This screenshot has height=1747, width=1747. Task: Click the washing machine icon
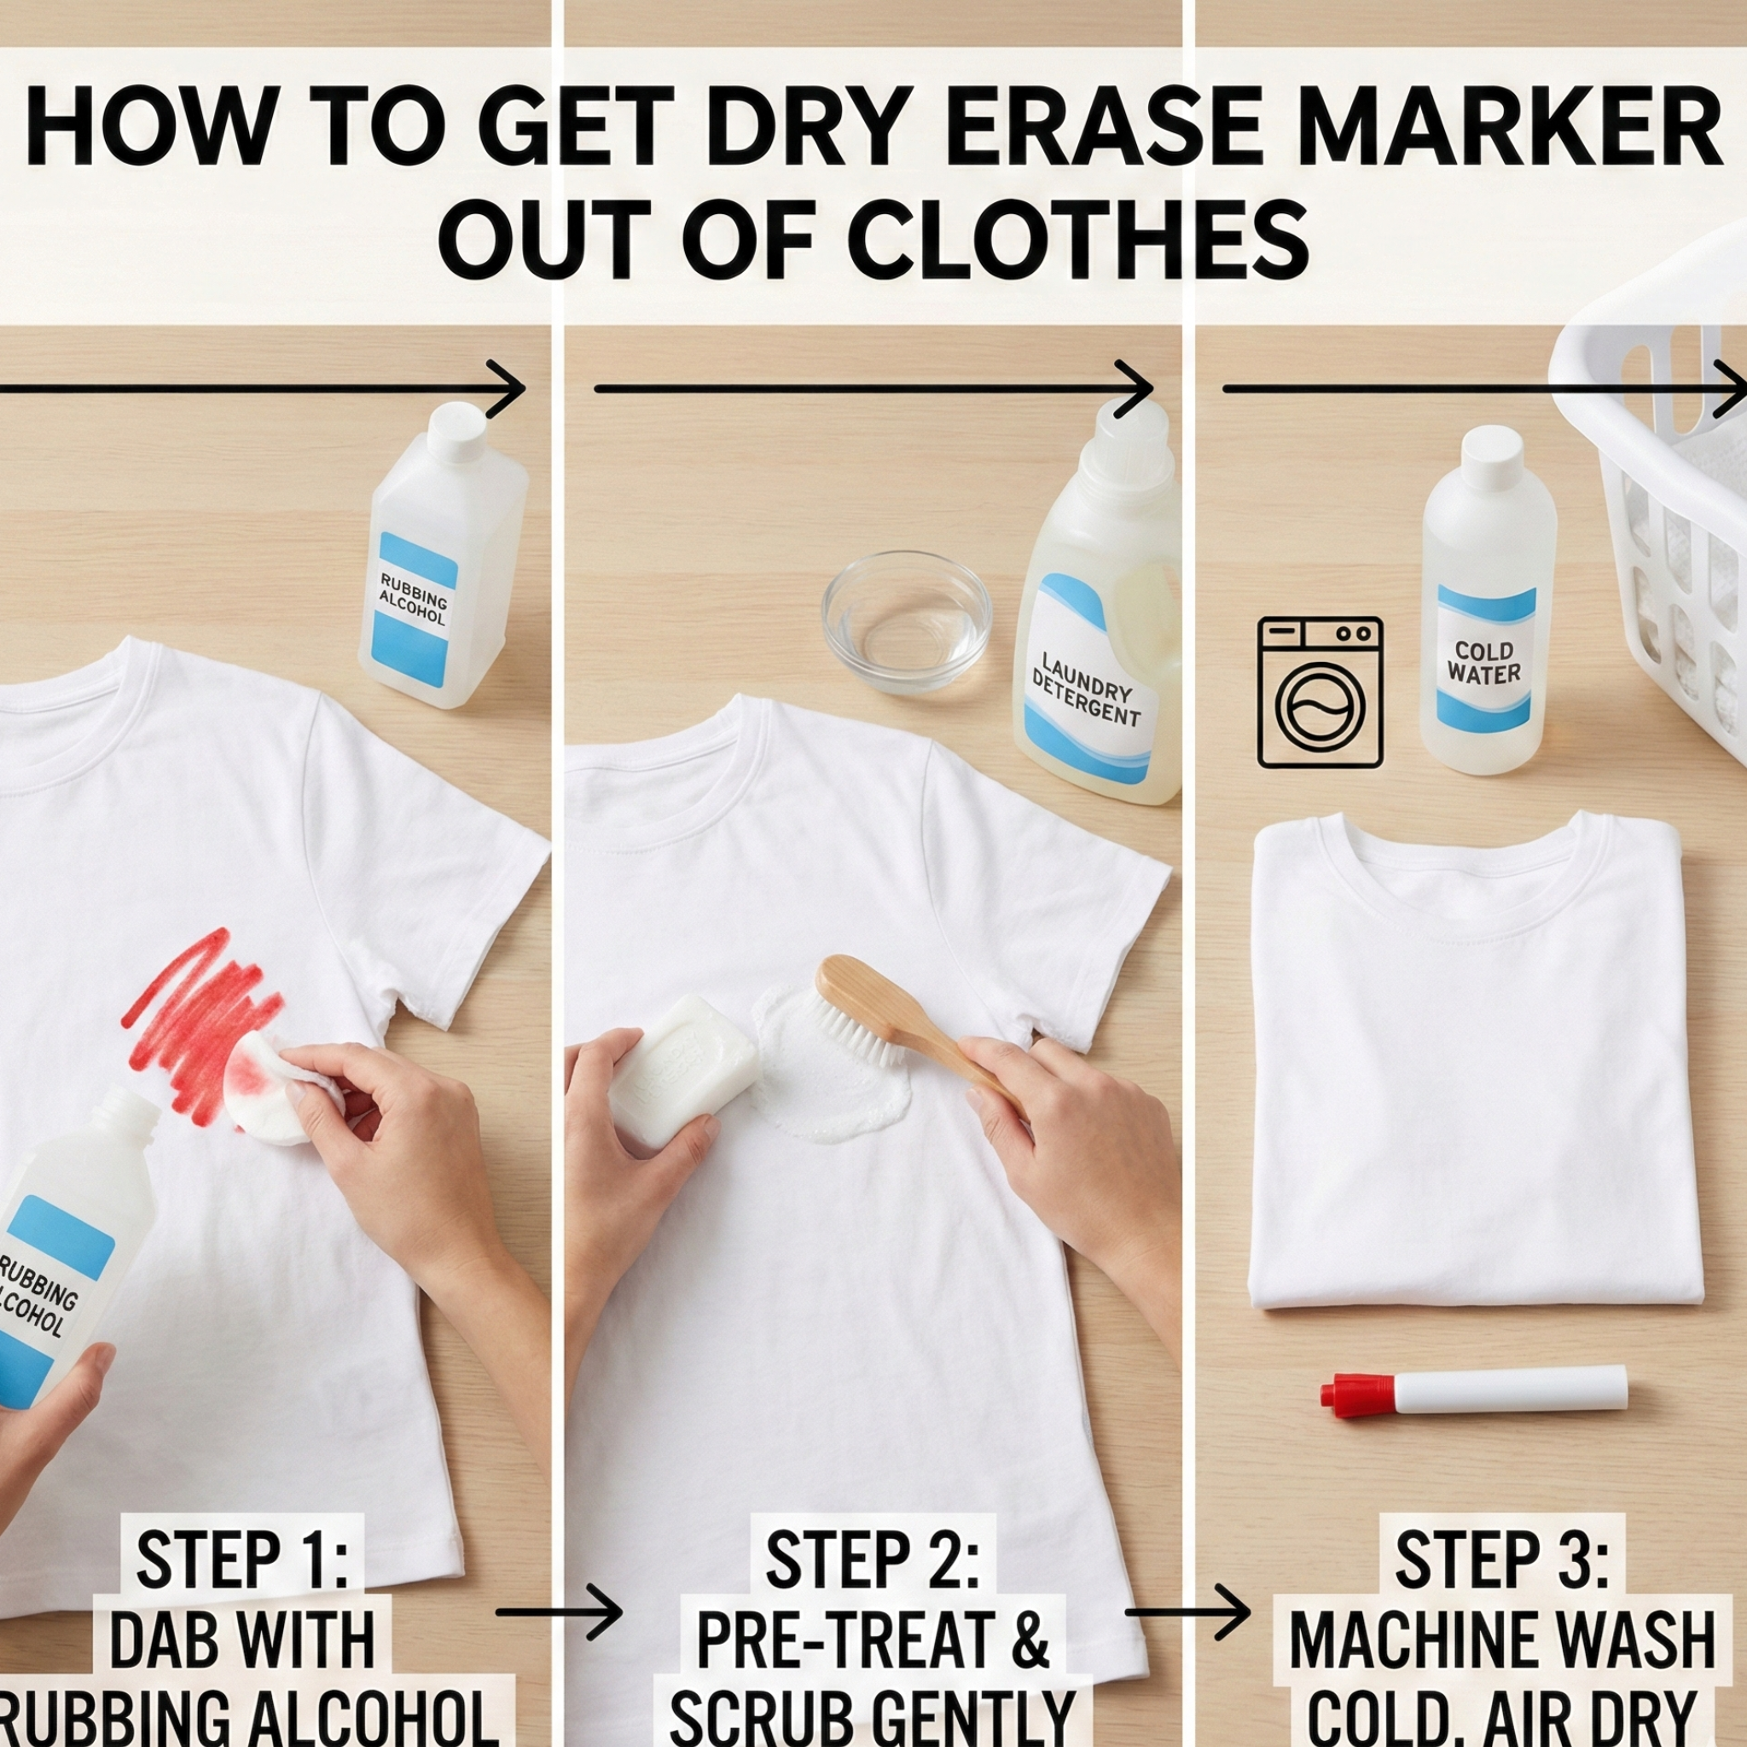pos(1320,693)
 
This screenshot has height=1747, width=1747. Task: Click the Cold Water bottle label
pos(1485,663)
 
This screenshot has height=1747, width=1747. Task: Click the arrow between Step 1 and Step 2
pos(559,1611)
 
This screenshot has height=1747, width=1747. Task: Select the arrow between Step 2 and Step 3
pos(1188,1611)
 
